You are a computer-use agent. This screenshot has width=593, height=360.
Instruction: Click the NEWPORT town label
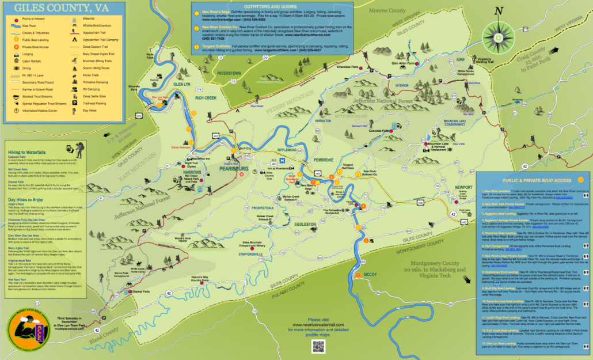point(464,187)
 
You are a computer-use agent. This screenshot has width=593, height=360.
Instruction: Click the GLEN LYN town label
point(181,84)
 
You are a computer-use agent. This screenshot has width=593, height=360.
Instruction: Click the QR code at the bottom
point(318,346)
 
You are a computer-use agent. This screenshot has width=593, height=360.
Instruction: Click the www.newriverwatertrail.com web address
point(318,325)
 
